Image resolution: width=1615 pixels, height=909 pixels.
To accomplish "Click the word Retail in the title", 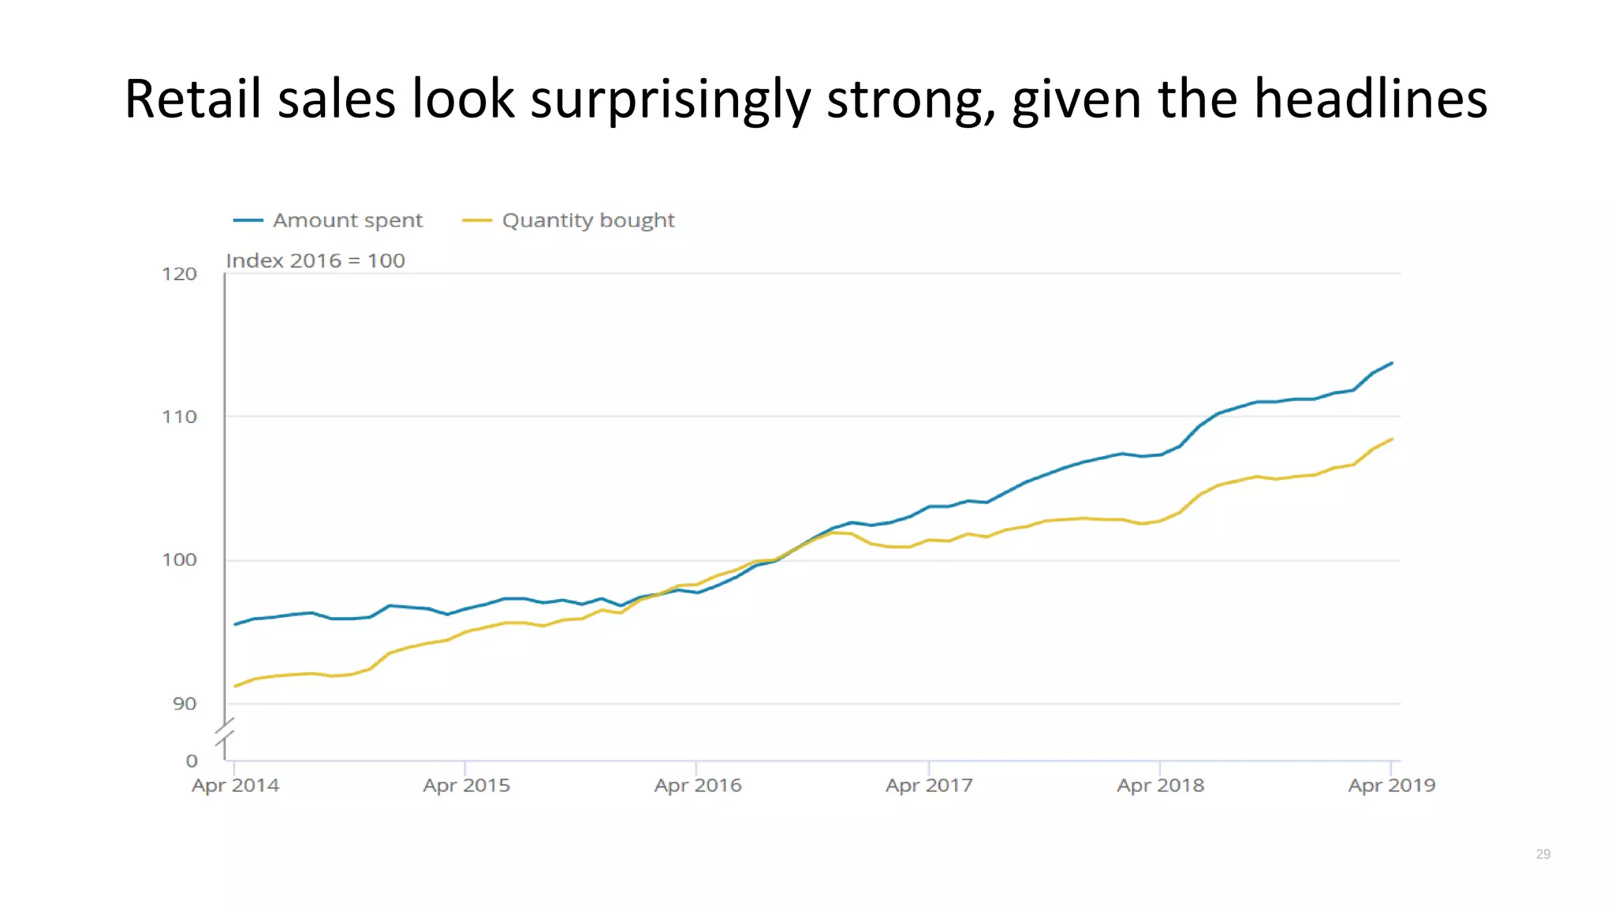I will pyautogui.click(x=192, y=99).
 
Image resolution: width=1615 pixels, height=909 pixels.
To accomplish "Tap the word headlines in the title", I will pyautogui.click(x=1371, y=99).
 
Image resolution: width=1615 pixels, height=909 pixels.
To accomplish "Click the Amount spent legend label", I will pyautogui.click(x=348, y=220).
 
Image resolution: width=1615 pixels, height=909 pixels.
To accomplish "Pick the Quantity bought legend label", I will pyautogui.click(x=588, y=220).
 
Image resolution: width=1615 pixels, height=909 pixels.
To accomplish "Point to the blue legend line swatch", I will pyautogui.click(x=248, y=220).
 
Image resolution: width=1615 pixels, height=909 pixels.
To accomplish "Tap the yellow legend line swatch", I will pyautogui.click(x=476, y=220).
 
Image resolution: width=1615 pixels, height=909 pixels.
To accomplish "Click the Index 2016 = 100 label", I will pyautogui.click(x=315, y=260).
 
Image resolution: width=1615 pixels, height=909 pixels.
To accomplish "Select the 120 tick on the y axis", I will pyautogui.click(x=179, y=274).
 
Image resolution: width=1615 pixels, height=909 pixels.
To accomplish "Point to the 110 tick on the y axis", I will pyautogui.click(x=179, y=417).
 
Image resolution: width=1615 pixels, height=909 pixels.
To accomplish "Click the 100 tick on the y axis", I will pyautogui.click(x=179, y=559).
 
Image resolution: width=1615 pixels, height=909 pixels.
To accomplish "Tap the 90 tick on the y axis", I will pyautogui.click(x=185, y=703).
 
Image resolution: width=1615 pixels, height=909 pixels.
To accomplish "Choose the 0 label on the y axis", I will pyautogui.click(x=192, y=761).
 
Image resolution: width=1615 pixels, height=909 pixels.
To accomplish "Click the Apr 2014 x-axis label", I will pyautogui.click(x=235, y=785).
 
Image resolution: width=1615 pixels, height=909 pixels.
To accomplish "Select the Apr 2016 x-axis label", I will pyautogui.click(x=698, y=785).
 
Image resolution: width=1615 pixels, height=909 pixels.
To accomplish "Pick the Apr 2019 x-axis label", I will pyautogui.click(x=1391, y=785).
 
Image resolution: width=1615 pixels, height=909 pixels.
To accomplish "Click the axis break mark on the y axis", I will pyautogui.click(x=226, y=733).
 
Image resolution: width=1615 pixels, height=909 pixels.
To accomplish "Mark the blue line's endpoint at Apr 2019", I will pyautogui.click(x=1392, y=363).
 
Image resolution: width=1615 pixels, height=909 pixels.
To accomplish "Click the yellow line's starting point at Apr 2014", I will pyautogui.click(x=235, y=686).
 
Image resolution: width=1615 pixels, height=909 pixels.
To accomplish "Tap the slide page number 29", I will pyautogui.click(x=1542, y=854).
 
